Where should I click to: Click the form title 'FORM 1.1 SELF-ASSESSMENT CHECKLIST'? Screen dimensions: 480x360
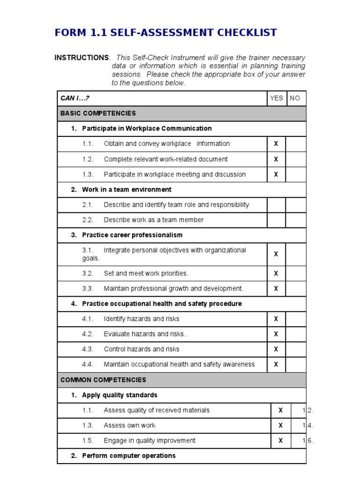pyautogui.click(x=165, y=33)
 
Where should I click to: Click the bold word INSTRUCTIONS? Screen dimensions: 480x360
pyautogui.click(x=82, y=58)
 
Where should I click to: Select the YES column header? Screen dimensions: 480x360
pyautogui.click(x=276, y=98)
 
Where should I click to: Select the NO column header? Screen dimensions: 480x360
pyautogui.click(x=295, y=98)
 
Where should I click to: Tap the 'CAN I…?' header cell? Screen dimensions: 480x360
pyautogui.click(x=75, y=98)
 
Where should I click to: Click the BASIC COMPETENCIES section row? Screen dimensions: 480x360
pyautogui.click(x=181, y=113)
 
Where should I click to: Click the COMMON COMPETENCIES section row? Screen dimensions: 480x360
pyautogui.click(x=181, y=380)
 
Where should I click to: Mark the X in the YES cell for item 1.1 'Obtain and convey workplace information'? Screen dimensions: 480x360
pyautogui.click(x=276, y=144)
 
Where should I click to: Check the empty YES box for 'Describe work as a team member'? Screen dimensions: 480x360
pyautogui.click(x=276, y=220)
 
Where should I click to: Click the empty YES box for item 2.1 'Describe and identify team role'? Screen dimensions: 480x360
pyautogui.click(x=276, y=205)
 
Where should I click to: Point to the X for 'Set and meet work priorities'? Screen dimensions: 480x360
pyautogui.click(x=276, y=273)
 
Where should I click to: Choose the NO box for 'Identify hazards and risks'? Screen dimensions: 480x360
pyautogui.click(x=295, y=319)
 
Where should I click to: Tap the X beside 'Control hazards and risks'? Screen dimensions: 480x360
pyautogui.click(x=276, y=349)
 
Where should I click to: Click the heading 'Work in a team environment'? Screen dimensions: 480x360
pyautogui.click(x=127, y=189)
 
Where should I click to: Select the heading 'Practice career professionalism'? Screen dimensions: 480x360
pyautogui.click(x=132, y=235)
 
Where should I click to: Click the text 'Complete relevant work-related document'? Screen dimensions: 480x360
pyautogui.click(x=165, y=159)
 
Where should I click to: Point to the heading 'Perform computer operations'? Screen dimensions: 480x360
pyautogui.click(x=129, y=456)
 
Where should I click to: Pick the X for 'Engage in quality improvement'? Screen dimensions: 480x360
pyautogui.click(x=281, y=441)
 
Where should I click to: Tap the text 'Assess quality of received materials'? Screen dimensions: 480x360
pyautogui.click(x=157, y=410)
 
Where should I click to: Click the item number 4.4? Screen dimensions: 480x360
pyautogui.click(x=88, y=364)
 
